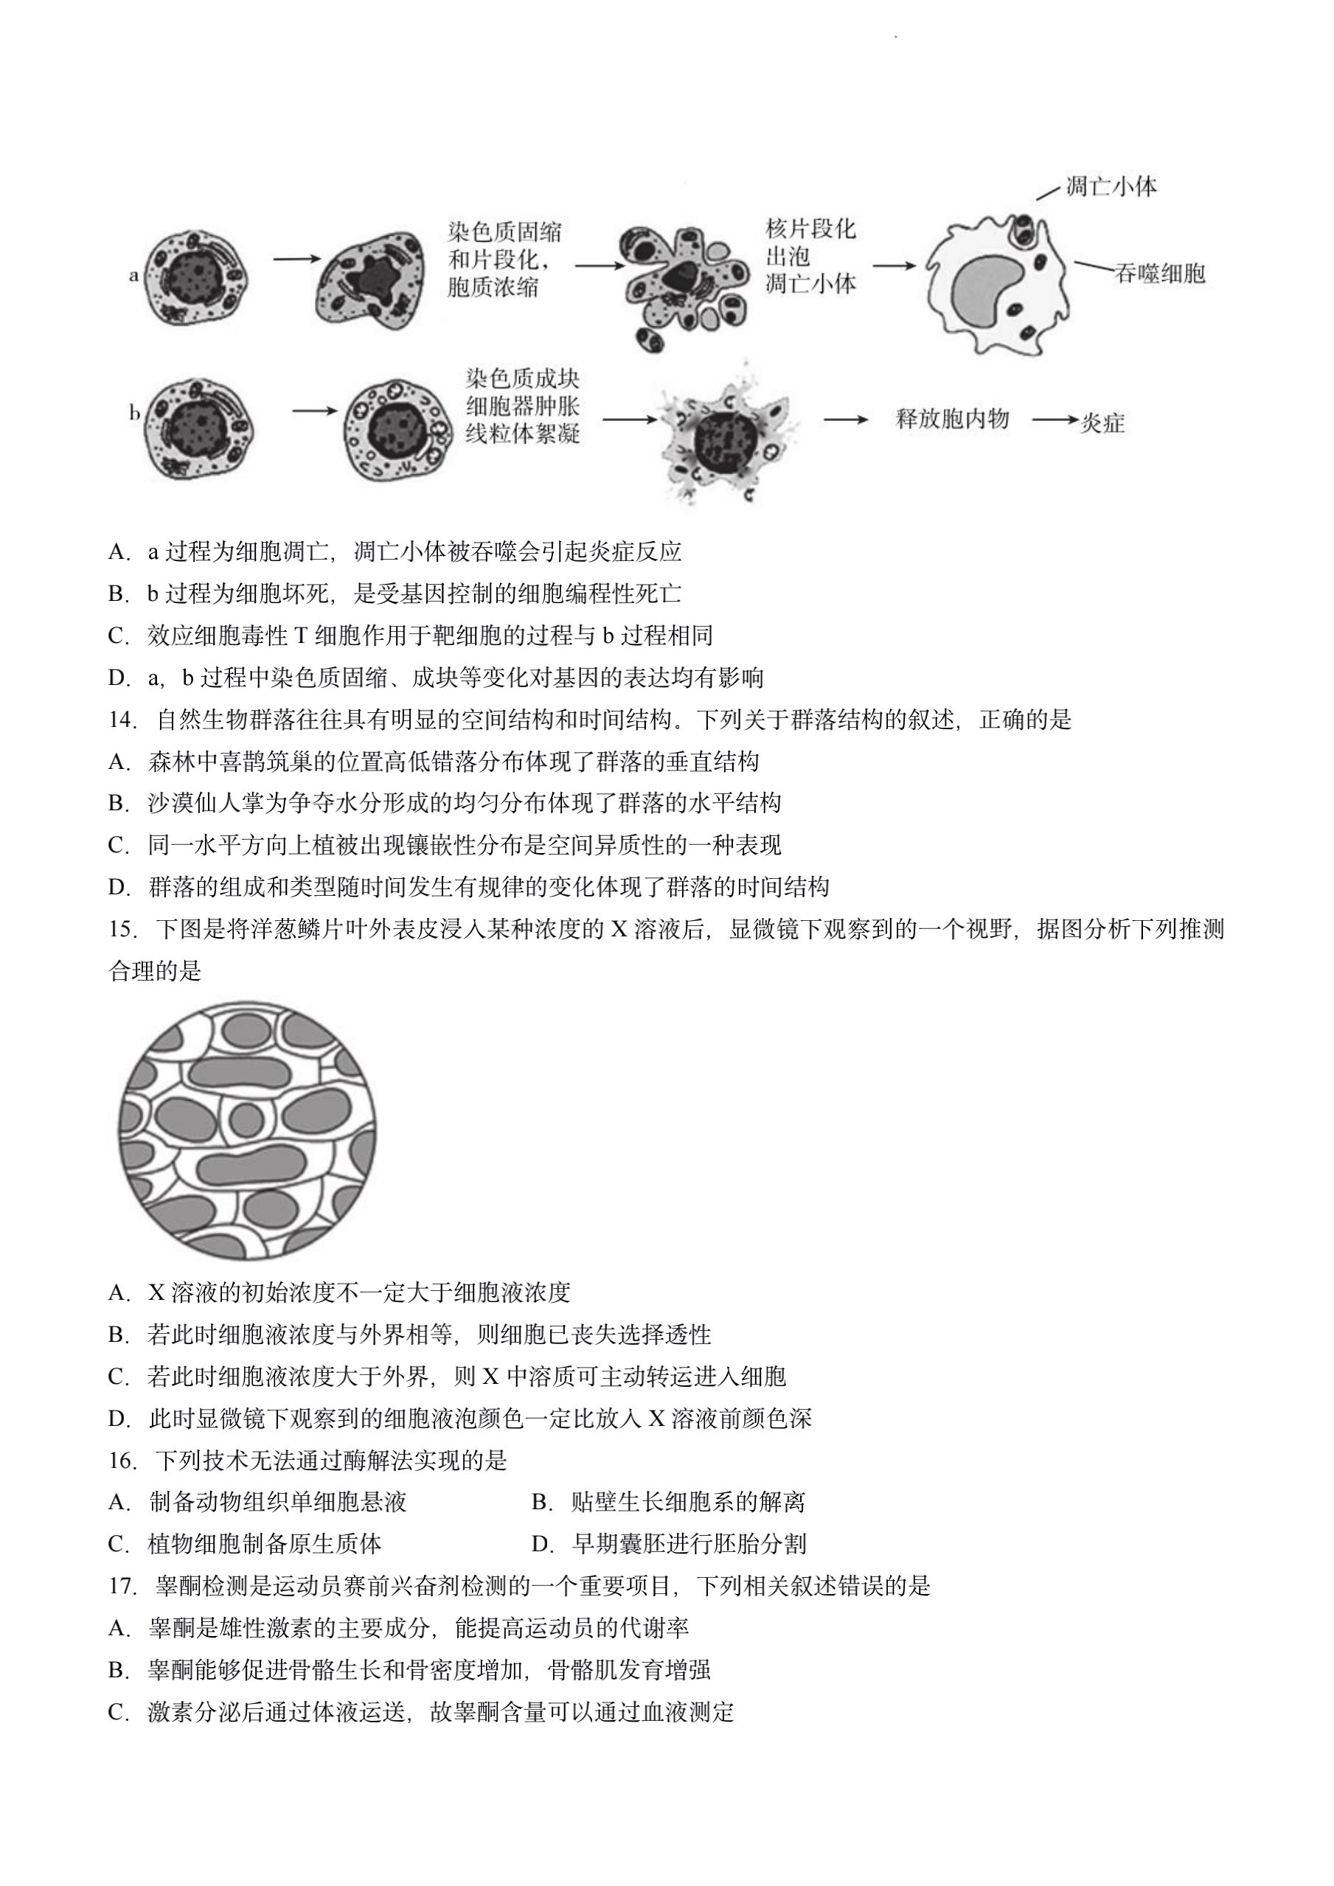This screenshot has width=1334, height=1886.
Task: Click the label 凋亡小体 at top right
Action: pyautogui.click(x=1111, y=187)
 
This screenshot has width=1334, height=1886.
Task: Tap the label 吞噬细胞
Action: pyautogui.click(x=1160, y=274)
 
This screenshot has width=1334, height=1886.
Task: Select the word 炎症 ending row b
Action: pyautogui.click(x=1102, y=423)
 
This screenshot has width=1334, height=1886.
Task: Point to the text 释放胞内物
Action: pyautogui.click(x=952, y=419)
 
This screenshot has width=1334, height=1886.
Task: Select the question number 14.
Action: pyautogui.click(x=122, y=720)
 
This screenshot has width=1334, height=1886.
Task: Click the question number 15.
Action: pyautogui.click(x=122, y=930)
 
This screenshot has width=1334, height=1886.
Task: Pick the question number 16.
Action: pyautogui.click(x=122, y=1461)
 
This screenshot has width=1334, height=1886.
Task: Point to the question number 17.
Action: pyautogui.click(x=122, y=1586)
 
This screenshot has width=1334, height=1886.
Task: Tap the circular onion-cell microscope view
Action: pyautogui.click(x=247, y=1130)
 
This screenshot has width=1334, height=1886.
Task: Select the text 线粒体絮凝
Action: pyautogui.click(x=522, y=433)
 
